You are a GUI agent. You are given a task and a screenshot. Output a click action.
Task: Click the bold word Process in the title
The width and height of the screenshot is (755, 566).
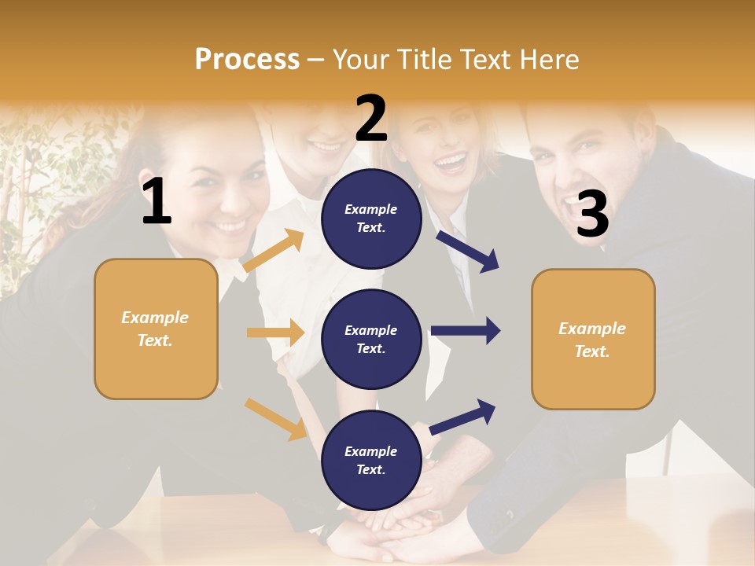(247, 59)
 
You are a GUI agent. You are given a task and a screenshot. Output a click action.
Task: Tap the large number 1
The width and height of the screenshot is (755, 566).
(157, 202)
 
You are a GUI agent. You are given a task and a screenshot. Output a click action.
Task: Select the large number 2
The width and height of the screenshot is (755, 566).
(371, 119)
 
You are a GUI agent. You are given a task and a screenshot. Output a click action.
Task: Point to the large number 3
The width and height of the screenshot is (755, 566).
(592, 215)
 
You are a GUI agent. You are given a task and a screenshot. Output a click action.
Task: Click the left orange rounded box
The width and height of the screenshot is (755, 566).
(156, 329)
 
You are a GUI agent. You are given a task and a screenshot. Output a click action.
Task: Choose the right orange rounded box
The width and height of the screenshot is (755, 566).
(593, 339)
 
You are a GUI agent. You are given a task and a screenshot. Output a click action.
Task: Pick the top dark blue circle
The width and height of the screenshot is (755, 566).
(371, 219)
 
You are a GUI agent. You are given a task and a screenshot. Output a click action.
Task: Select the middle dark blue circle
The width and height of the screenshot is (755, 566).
(371, 339)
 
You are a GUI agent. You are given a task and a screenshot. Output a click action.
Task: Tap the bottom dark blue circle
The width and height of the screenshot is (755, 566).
(371, 460)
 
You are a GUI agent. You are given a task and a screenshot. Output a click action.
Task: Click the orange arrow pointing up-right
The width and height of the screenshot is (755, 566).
(273, 251)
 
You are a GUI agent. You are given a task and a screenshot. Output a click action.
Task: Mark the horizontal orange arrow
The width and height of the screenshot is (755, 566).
(275, 333)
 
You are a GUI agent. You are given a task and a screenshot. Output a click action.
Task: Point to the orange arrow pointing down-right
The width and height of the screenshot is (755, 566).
(275, 419)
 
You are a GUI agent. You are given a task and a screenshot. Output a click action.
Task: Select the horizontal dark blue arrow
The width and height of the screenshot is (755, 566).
(466, 330)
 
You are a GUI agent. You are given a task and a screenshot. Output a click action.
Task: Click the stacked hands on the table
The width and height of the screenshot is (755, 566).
(393, 527)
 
